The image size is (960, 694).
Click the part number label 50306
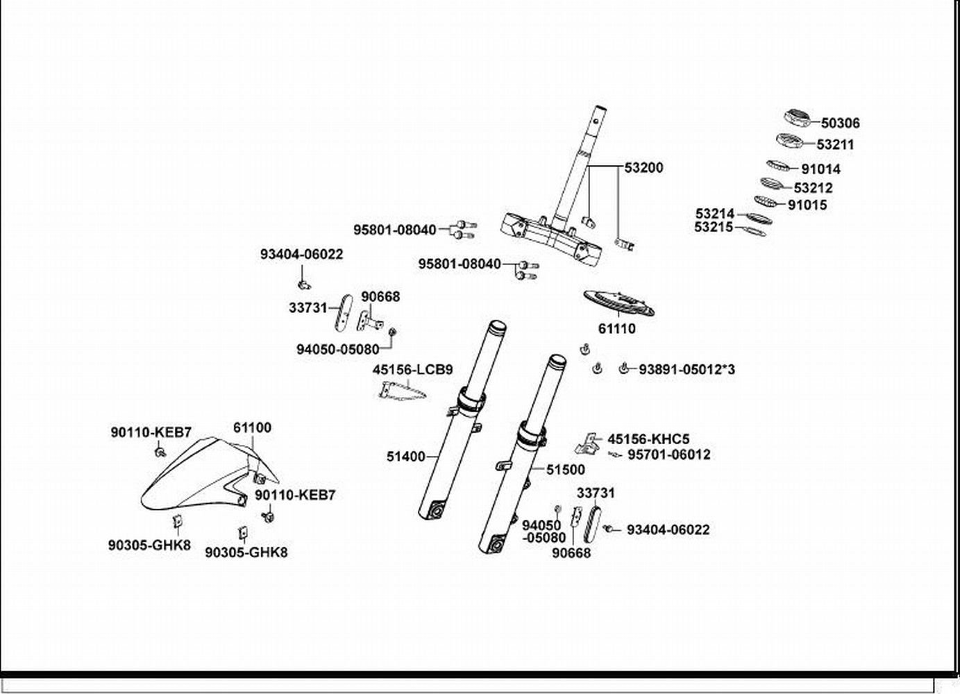pyautogui.click(x=840, y=124)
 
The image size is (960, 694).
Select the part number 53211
pyautogui.click(x=835, y=145)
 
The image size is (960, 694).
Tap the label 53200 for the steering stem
pyautogui.click(x=643, y=168)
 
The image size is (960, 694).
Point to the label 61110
pyautogui.click(x=616, y=329)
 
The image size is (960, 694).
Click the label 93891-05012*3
pyautogui.click(x=687, y=369)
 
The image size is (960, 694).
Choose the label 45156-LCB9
pyautogui.click(x=412, y=370)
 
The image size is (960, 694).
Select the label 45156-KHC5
pyautogui.click(x=648, y=439)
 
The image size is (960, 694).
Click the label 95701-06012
pyautogui.click(x=669, y=455)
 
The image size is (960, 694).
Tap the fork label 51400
pyautogui.click(x=405, y=457)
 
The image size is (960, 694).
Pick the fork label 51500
pyautogui.click(x=565, y=470)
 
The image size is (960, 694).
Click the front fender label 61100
pyautogui.click(x=252, y=428)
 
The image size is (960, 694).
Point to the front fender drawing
pyautogui.click(x=210, y=475)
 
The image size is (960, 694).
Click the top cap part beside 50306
pyautogui.click(x=797, y=118)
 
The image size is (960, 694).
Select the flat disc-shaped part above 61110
pyautogui.click(x=619, y=303)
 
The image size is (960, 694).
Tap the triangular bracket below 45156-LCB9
pyautogui.click(x=402, y=391)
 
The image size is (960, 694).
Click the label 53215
pyautogui.click(x=714, y=227)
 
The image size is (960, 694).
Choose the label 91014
pyautogui.click(x=820, y=169)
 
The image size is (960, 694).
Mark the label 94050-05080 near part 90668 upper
pyautogui.click(x=338, y=350)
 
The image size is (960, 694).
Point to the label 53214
pyautogui.click(x=714, y=213)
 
